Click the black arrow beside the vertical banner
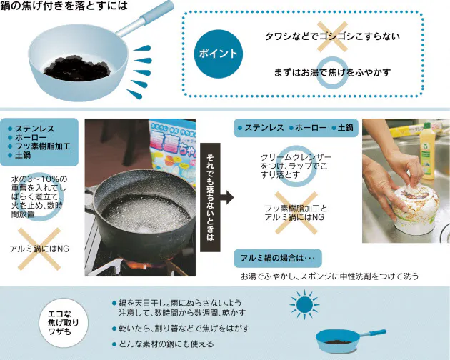click(227, 195)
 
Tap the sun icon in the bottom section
click(305, 306)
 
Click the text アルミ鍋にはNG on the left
click(39, 248)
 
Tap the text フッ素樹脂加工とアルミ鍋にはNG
click(294, 212)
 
